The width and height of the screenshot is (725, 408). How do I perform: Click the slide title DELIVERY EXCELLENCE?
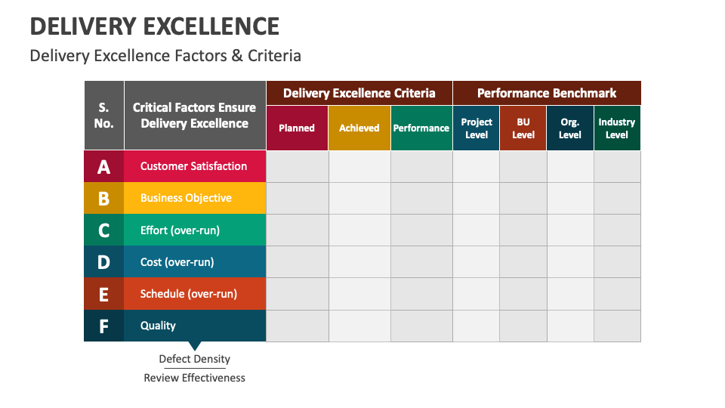pos(155,26)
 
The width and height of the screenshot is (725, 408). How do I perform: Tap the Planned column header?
pos(297,128)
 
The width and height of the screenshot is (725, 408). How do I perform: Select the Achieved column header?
pos(359,128)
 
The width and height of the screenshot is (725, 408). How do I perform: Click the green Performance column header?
pos(421,128)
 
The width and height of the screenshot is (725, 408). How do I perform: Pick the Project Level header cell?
pos(477,128)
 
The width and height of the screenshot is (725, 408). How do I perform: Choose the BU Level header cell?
pos(523,128)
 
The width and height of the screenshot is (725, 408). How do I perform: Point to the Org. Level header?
pos(570,128)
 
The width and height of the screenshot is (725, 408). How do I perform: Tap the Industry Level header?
pos(617,128)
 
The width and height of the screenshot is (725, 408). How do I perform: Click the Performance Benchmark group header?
pos(547,93)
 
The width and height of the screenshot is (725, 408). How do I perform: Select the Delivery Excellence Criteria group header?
pos(359,93)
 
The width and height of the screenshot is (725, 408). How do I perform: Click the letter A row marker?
pos(104,167)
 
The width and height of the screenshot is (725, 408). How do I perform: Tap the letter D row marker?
pos(104,262)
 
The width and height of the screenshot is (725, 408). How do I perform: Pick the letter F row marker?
pos(104,326)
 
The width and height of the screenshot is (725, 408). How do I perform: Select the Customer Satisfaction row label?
pos(193,166)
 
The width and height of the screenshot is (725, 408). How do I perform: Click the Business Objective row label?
pos(186,198)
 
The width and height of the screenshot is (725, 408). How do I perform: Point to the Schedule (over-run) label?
pos(189,294)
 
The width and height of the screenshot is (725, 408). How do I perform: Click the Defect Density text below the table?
pos(195,359)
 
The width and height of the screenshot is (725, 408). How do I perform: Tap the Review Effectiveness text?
pos(195,378)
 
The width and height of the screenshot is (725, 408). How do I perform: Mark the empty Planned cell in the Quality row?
pos(298,326)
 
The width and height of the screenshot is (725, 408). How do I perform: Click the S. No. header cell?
pos(104,115)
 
